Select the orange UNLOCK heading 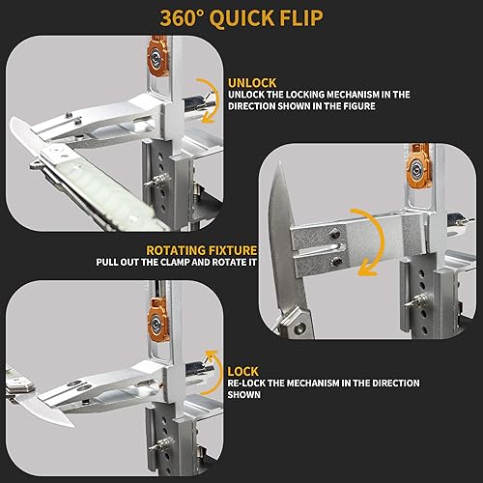click(252, 83)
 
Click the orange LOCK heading click(243, 372)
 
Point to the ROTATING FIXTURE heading click(202, 250)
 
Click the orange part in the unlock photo click(157, 55)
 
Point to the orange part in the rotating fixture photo click(419, 170)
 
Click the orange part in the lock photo click(158, 320)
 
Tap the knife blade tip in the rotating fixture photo click(279, 162)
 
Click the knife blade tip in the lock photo click(73, 426)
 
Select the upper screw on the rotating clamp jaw click(335, 233)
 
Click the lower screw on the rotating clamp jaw click(336, 262)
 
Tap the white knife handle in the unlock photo click(103, 190)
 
